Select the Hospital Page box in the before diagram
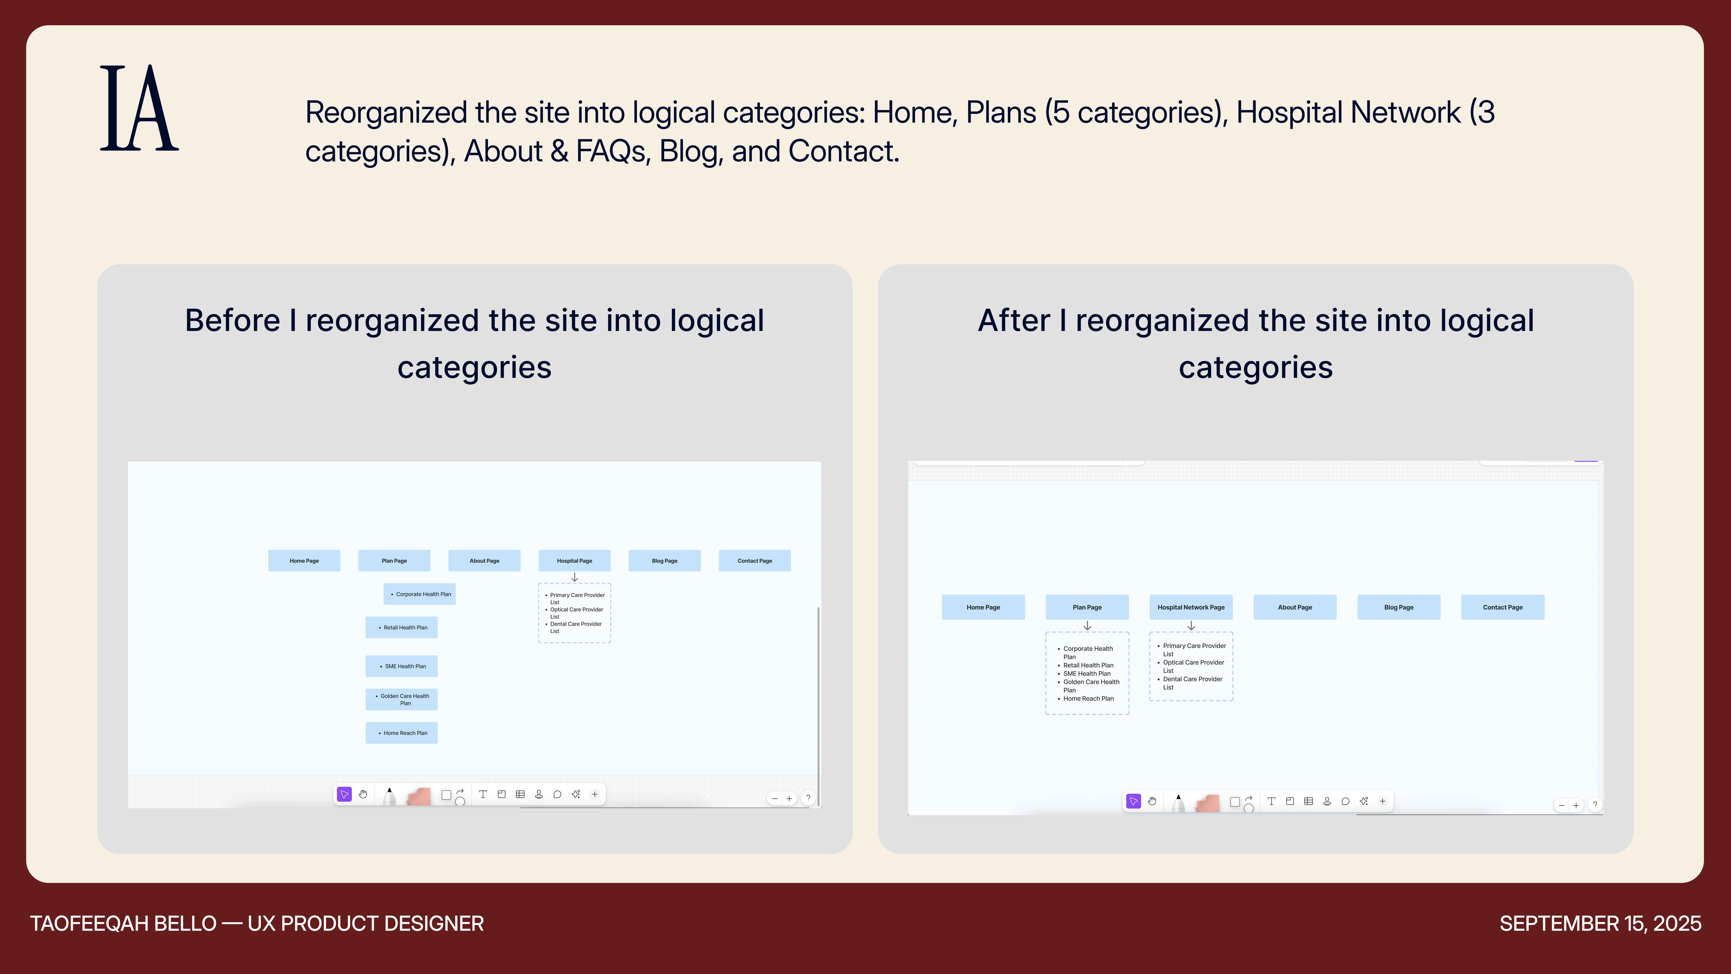coord(575,561)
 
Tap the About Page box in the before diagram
coord(485,561)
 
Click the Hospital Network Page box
coord(1191,607)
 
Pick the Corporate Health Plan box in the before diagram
coord(419,594)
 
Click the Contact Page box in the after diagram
coord(1502,607)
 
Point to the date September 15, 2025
coord(1600,923)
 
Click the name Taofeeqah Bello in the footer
coord(123,923)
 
